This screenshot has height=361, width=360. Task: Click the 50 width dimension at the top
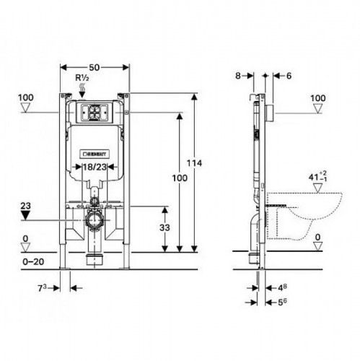pyautogui.click(x=95, y=68)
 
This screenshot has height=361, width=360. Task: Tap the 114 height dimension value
pyautogui.click(x=194, y=163)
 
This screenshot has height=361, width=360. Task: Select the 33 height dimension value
pyautogui.click(x=164, y=227)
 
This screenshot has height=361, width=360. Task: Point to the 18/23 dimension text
pyautogui.click(x=95, y=167)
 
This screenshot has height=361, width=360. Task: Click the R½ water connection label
pyautogui.click(x=82, y=78)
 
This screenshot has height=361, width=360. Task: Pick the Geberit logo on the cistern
pyautogui.click(x=95, y=154)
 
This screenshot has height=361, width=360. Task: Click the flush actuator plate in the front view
pyautogui.click(x=95, y=112)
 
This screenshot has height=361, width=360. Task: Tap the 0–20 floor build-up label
pyautogui.click(x=33, y=261)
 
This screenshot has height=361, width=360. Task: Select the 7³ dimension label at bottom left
pyautogui.click(x=42, y=288)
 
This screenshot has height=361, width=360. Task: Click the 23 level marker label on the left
pyautogui.click(x=25, y=206)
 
